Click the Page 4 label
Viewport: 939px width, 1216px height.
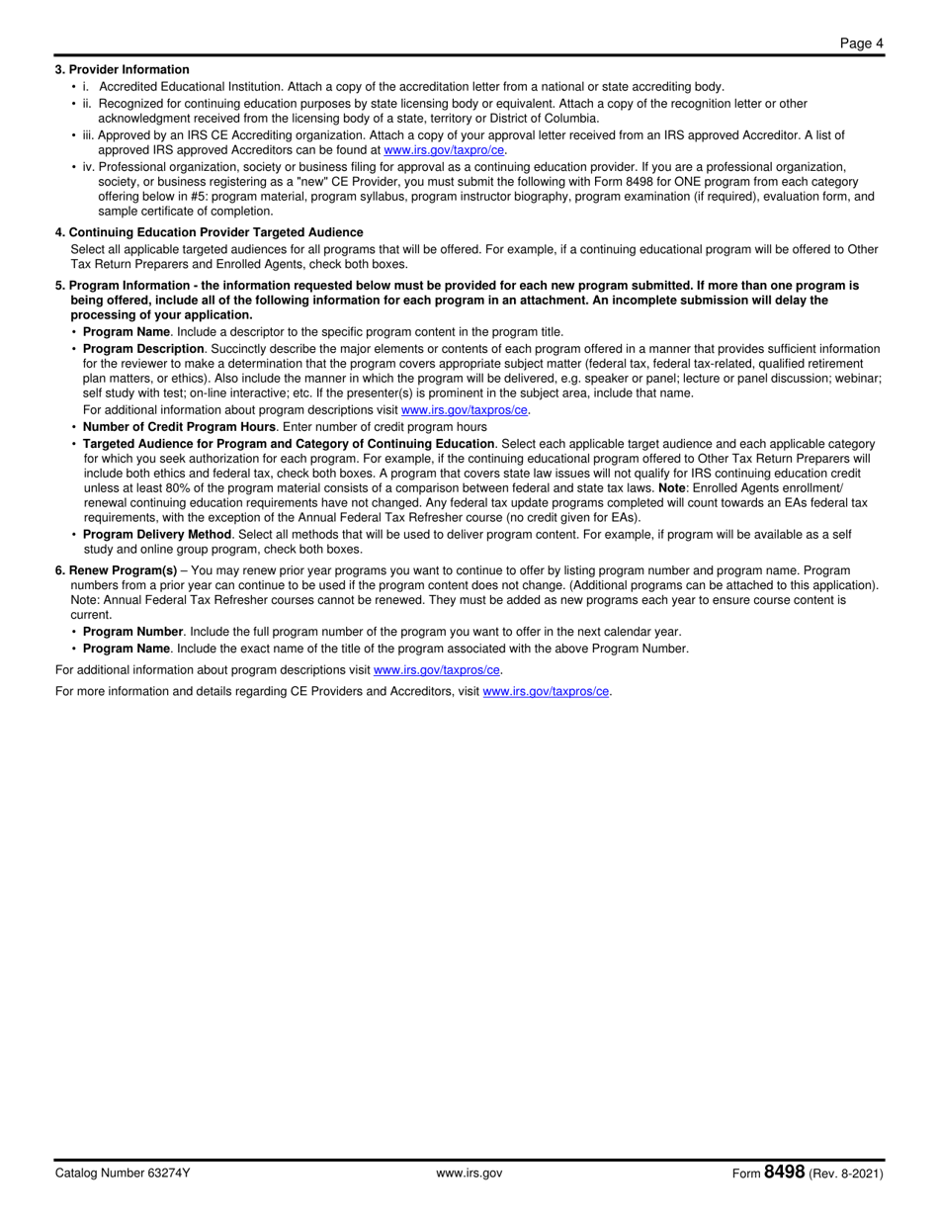pyautogui.click(x=861, y=43)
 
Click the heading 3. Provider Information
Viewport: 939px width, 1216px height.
pyautogui.click(x=123, y=70)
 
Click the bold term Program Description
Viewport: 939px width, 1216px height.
pyautogui.click(x=143, y=349)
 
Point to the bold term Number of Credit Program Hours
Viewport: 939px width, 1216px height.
pyautogui.click(x=179, y=427)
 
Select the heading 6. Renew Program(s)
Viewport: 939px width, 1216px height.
pyautogui.click(x=117, y=570)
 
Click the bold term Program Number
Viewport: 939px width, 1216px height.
pyautogui.click(x=132, y=632)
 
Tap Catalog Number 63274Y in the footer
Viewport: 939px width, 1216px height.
pyautogui.click(x=123, y=1173)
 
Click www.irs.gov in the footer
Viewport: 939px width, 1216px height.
pyautogui.click(x=469, y=1173)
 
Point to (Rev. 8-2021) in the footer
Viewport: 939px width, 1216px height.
pyautogui.click(x=846, y=1173)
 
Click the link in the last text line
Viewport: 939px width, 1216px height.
pyautogui.click(x=546, y=692)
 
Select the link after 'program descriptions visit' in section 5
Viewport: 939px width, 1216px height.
pyautogui.click(x=465, y=409)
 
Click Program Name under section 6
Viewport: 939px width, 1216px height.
pyautogui.click(x=127, y=649)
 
